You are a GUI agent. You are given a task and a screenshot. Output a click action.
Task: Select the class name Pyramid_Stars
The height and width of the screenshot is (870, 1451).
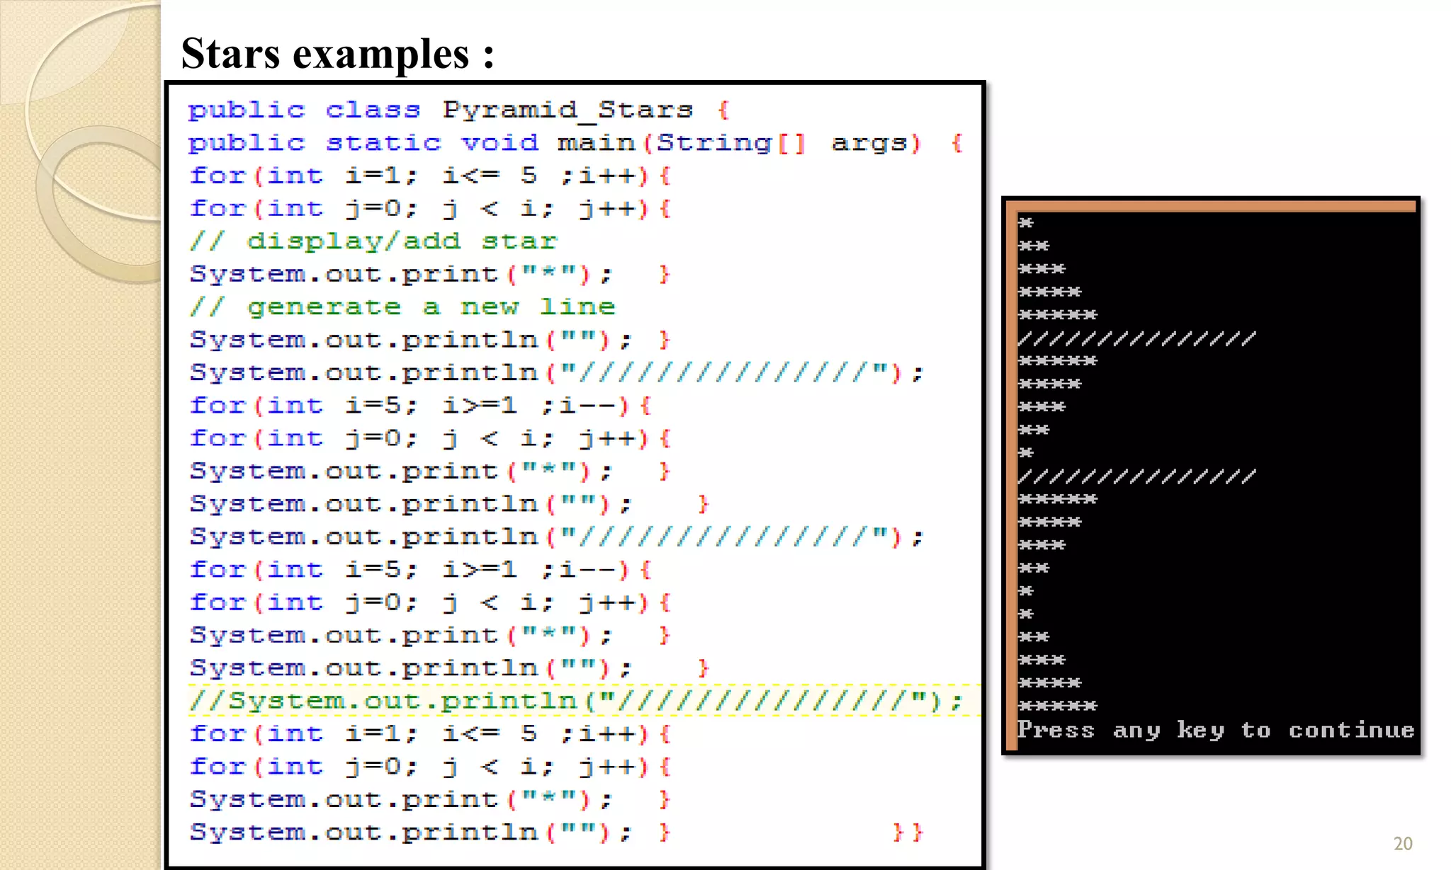coord(568,110)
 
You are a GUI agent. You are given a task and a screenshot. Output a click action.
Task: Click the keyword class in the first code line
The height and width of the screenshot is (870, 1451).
coord(373,110)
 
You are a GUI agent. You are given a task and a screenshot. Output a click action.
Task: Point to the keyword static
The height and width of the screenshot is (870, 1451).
coord(383,143)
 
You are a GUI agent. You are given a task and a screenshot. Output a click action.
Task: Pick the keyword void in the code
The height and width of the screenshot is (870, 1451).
coord(499,143)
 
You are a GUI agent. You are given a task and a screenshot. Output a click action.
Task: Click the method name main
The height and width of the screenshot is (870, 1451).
coord(596,143)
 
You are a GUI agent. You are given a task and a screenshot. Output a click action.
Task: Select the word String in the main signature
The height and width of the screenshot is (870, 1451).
coord(713,143)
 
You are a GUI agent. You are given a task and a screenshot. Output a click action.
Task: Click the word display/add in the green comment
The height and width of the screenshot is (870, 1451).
coord(354,241)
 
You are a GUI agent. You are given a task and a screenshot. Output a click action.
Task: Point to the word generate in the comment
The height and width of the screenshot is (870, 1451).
coord(324,307)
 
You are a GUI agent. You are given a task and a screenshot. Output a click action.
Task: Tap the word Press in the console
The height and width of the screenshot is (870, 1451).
coord(1056,730)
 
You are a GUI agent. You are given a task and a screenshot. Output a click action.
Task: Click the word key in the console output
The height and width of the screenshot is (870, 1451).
coord(1200,730)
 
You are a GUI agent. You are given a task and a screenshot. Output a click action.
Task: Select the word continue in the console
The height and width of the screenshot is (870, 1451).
coord(1351,730)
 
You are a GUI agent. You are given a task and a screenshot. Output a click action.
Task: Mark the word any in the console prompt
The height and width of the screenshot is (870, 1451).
coord(1136,730)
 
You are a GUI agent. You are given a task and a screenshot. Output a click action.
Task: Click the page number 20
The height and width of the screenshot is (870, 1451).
coord(1402,843)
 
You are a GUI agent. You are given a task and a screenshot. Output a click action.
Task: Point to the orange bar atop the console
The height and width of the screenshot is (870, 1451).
coord(1215,206)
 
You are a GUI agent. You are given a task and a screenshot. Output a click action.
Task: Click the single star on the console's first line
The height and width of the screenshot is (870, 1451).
coord(1026,223)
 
